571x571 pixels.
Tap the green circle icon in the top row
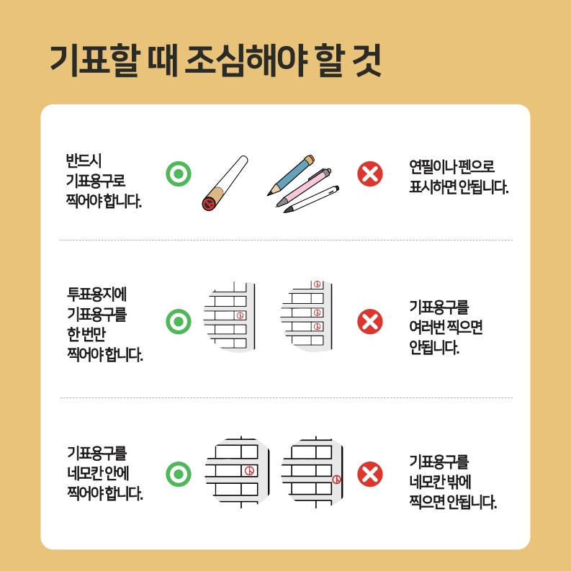[x=179, y=174]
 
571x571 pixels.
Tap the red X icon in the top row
[x=370, y=174]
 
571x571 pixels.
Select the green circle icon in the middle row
[x=179, y=321]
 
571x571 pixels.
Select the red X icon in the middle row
[x=370, y=321]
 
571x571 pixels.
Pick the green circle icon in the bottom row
[x=179, y=475]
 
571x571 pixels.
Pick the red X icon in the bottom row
[x=370, y=475]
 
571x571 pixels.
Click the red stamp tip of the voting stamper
[x=209, y=202]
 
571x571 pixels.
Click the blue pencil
[x=291, y=174]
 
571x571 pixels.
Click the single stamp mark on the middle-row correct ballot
[x=240, y=315]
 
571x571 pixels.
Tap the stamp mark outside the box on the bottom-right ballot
[x=336, y=480]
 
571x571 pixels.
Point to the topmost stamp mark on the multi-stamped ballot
[x=317, y=285]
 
